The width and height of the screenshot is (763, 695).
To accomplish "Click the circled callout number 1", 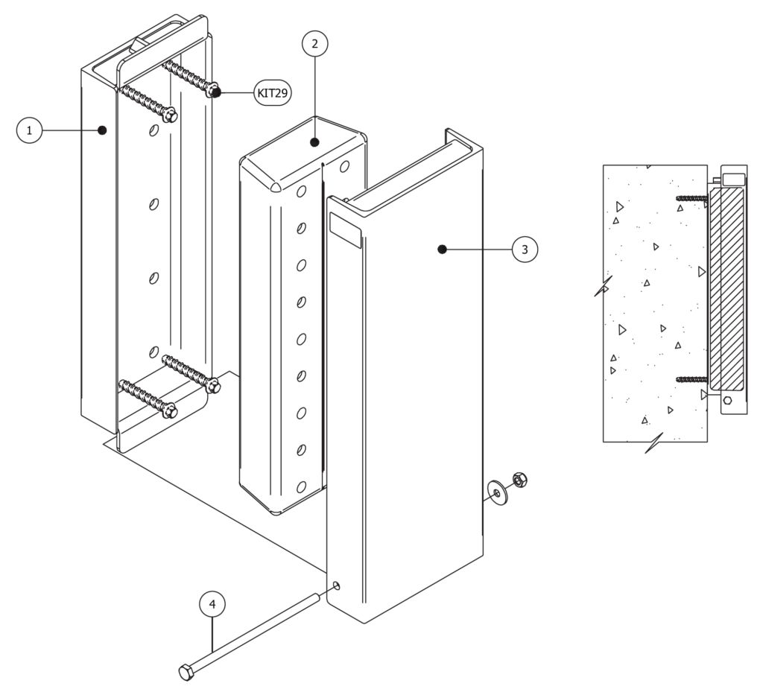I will pos(29,131).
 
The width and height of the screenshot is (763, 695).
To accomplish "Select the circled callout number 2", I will pos(314,44).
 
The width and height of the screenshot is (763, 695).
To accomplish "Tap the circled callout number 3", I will pos(525,250).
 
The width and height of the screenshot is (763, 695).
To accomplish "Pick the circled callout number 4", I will pos(212,604).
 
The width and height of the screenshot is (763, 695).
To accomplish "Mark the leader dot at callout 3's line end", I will pos(442,250).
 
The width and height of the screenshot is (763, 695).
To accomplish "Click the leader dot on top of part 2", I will pos(314,141).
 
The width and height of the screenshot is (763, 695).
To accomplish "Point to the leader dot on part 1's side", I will pos(102,131).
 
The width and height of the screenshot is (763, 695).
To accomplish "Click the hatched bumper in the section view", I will pos(727,288).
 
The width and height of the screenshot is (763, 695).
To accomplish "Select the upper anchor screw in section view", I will pos(691,198).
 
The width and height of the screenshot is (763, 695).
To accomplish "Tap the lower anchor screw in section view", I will pos(691,379).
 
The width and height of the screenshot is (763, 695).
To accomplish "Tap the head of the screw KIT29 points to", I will pos(215,92).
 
